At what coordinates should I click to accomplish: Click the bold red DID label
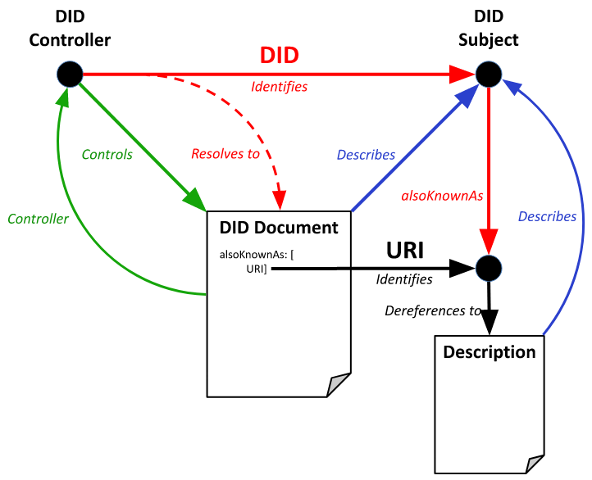(x=280, y=56)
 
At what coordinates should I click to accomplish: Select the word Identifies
(x=280, y=87)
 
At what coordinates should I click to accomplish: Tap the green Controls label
(x=107, y=154)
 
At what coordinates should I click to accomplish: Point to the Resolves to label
(x=225, y=154)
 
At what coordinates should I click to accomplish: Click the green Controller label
(x=38, y=219)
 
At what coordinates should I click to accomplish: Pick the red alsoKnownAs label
(x=442, y=197)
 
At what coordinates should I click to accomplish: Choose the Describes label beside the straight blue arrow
(x=366, y=155)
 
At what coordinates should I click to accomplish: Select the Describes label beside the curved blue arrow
(x=547, y=216)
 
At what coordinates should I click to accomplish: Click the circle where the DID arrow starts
(x=70, y=74)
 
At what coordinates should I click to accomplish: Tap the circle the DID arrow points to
(x=489, y=74)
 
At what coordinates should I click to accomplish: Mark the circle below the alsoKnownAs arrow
(x=489, y=268)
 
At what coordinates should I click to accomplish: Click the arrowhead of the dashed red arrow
(x=280, y=199)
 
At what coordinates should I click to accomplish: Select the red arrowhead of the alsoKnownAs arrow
(x=489, y=241)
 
